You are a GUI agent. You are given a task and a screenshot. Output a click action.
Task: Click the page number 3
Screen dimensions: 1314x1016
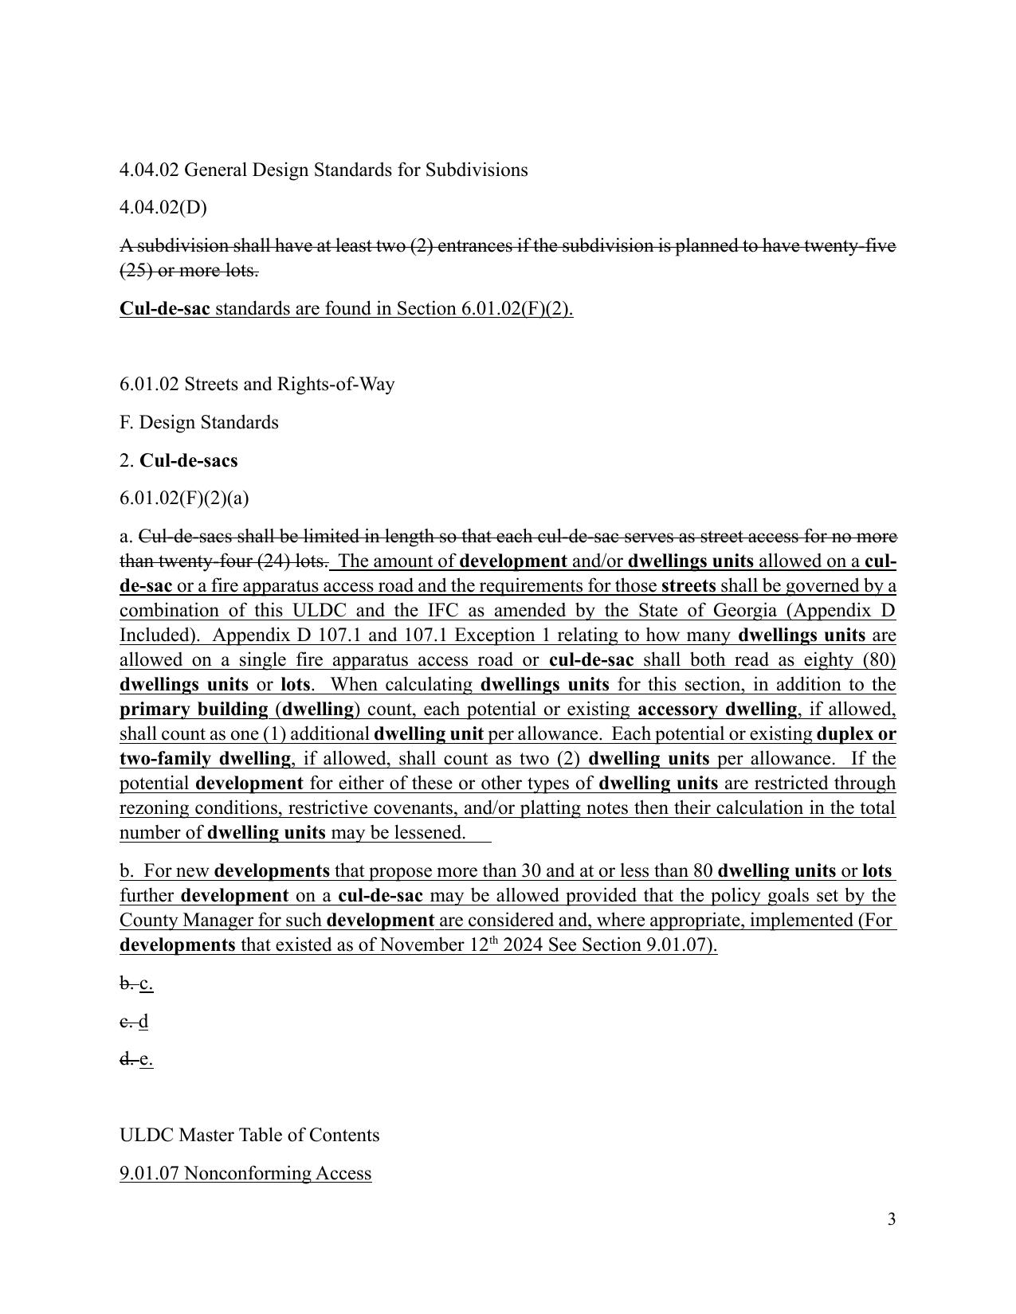tap(891, 1219)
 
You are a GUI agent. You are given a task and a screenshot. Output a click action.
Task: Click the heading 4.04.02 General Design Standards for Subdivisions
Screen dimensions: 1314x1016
tap(324, 170)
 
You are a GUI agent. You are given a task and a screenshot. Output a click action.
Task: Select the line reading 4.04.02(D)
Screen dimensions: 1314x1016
tap(163, 207)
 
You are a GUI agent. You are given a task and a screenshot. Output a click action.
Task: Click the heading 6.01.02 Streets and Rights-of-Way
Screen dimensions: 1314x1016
tap(257, 384)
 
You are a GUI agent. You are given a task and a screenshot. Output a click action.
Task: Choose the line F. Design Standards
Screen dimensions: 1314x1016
tap(199, 422)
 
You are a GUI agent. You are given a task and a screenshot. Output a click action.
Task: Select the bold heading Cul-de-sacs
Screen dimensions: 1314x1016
tap(188, 460)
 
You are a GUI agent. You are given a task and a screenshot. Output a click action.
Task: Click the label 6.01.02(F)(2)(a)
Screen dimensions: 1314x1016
tap(184, 498)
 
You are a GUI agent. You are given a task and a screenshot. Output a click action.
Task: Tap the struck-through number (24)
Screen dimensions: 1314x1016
tap(273, 561)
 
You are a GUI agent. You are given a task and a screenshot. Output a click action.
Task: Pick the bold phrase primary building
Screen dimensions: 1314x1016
tap(194, 710)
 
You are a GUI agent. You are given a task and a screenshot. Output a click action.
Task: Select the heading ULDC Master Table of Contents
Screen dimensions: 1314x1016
tap(249, 1135)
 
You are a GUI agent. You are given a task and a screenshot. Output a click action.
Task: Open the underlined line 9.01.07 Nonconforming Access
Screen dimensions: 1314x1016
tap(245, 1173)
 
